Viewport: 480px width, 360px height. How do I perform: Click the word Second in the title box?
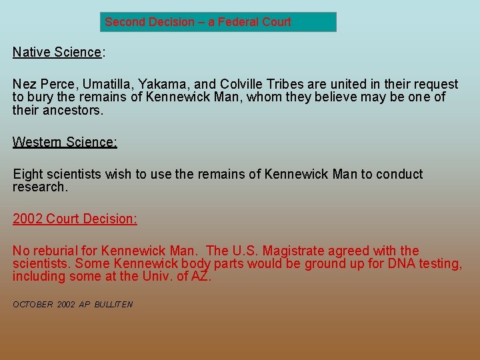click(x=125, y=22)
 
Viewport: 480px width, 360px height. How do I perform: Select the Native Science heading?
click(x=57, y=52)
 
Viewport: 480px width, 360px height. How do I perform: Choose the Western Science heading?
click(x=65, y=142)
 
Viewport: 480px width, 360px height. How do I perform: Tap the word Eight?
click(x=27, y=175)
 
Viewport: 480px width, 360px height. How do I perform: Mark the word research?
click(x=40, y=187)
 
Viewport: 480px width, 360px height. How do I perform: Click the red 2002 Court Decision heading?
click(x=75, y=219)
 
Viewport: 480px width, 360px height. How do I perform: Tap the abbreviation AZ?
click(x=200, y=277)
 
